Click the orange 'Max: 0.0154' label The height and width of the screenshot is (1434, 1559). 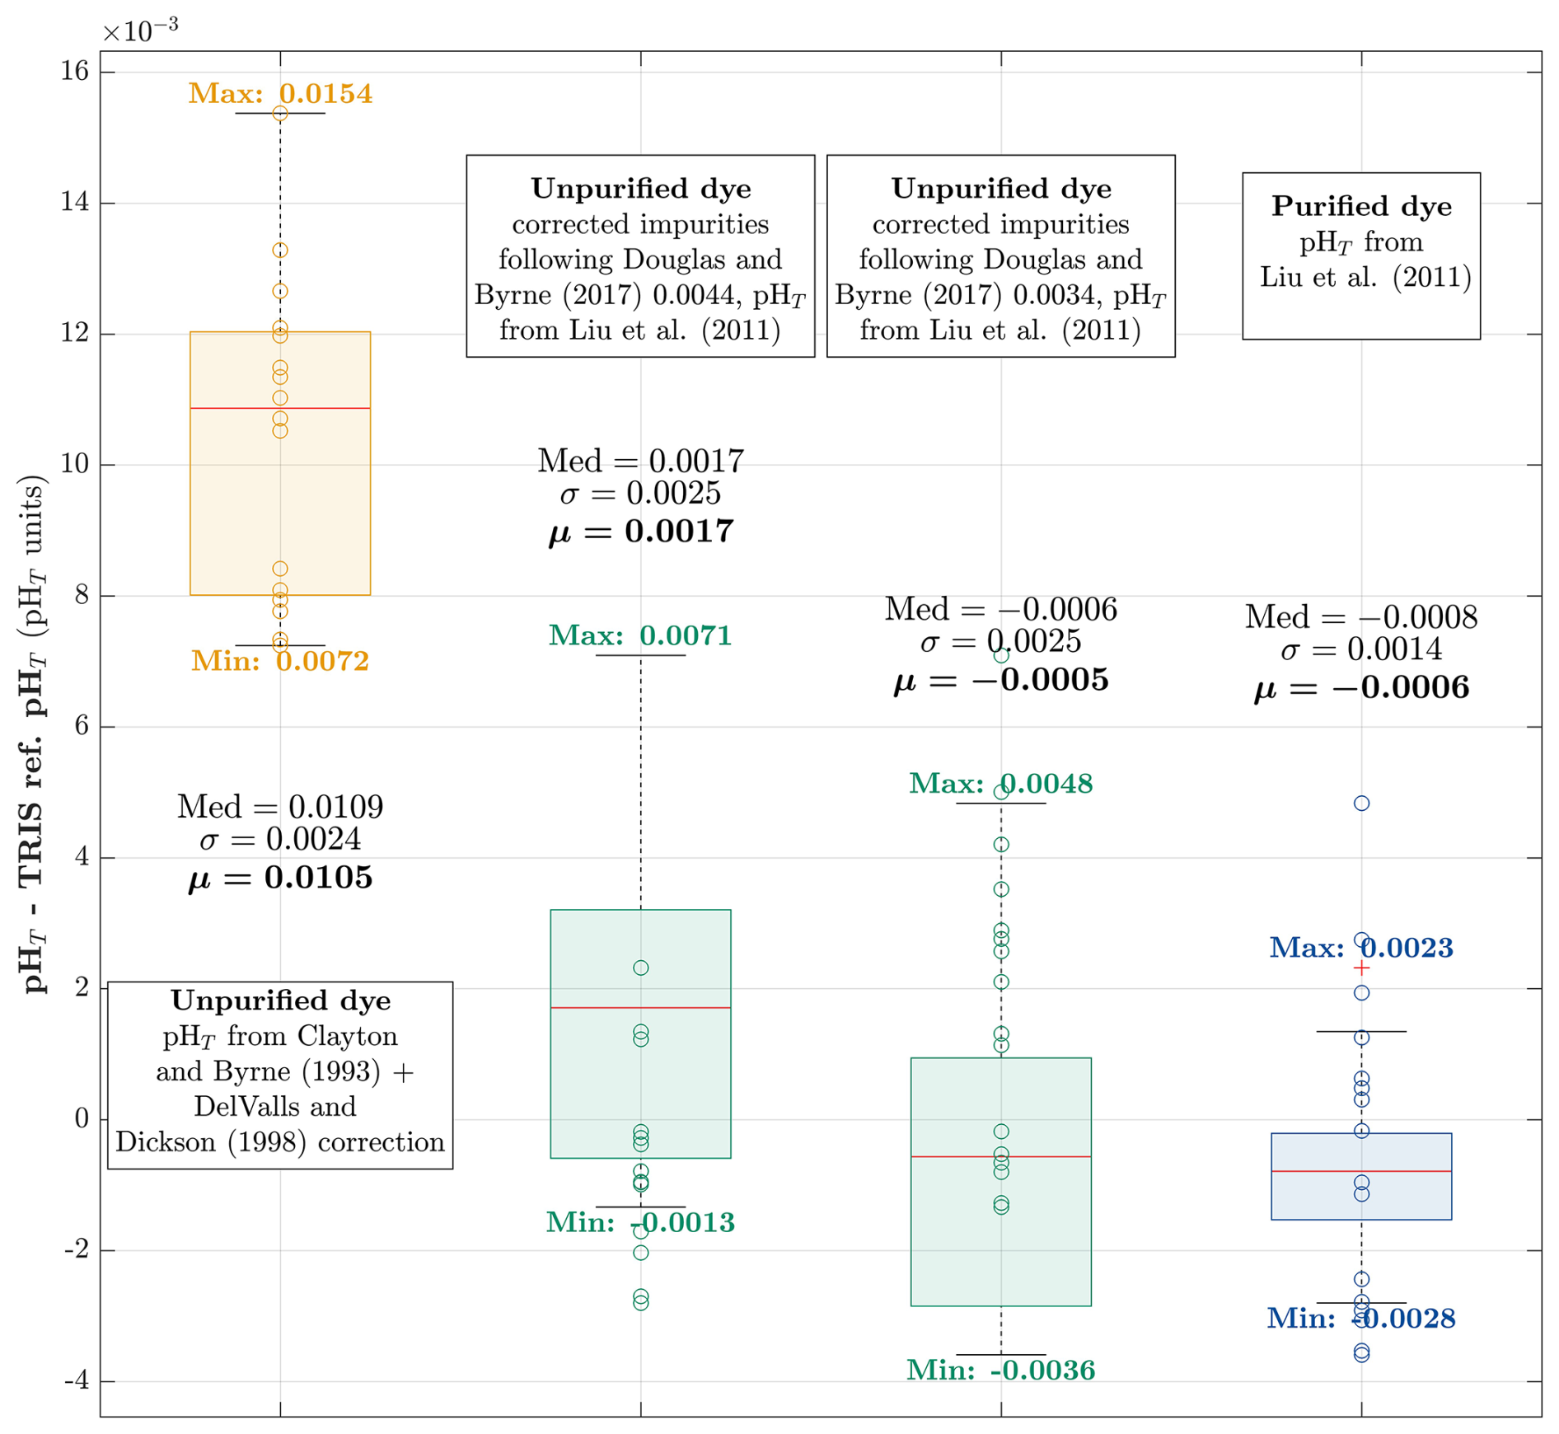tap(280, 94)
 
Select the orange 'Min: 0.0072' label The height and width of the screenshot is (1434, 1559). tap(280, 661)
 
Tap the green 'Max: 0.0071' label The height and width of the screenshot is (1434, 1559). tap(640, 635)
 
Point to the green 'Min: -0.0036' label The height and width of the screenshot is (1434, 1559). tap(1000, 1371)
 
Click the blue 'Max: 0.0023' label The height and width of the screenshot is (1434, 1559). tap(1360, 948)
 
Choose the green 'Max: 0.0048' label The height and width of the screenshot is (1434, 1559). tap(1000, 784)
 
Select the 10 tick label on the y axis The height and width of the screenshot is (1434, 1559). tap(75, 465)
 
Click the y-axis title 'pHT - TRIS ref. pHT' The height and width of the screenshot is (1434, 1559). tap(33, 733)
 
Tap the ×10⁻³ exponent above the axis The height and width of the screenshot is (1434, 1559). tap(139, 30)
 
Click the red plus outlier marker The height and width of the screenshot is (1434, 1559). tap(1361, 968)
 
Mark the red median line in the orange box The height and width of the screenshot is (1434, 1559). tap(280, 408)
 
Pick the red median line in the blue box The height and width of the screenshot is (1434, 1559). tap(1361, 1171)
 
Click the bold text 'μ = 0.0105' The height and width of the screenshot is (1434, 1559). tap(280, 878)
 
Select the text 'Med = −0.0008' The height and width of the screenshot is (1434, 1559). tap(1360, 617)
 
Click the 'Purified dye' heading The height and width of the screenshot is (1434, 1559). tap(1361, 206)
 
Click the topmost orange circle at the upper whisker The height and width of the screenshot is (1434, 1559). tap(280, 114)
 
